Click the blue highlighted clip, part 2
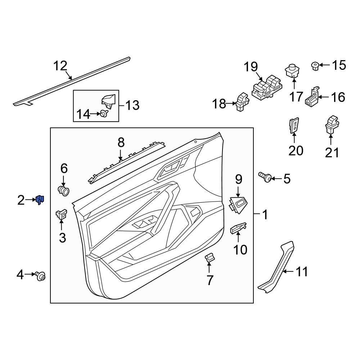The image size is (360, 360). (40, 199)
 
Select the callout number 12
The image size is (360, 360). (60, 66)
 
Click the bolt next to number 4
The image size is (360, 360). (41, 276)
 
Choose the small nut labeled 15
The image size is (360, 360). (314, 66)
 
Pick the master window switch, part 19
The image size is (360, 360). (267, 88)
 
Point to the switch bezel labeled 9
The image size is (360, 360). (238, 204)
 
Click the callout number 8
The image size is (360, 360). (121, 143)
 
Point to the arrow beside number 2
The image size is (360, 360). (30, 200)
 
